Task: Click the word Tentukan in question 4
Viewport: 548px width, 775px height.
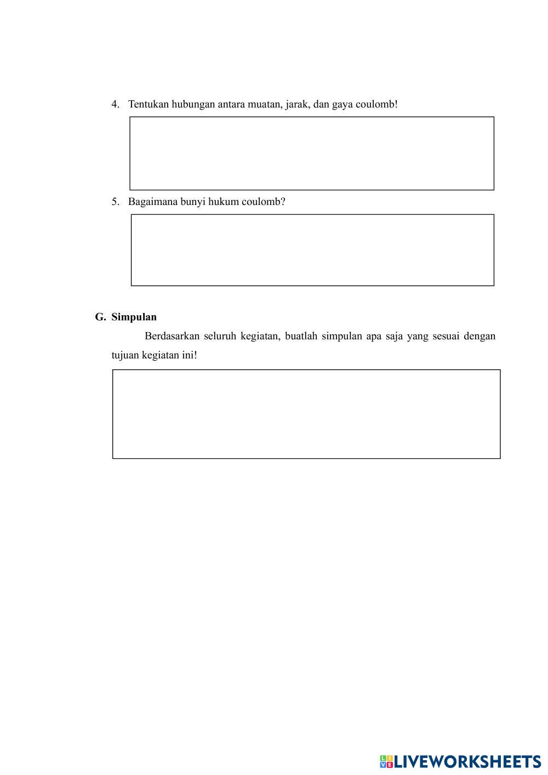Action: [148, 104]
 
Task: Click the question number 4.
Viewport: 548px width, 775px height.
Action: [115, 104]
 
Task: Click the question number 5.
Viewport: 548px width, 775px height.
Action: [115, 202]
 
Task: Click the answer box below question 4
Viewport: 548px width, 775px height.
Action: [311, 153]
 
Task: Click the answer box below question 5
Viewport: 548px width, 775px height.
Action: [312, 250]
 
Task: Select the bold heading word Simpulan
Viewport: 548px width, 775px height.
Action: [134, 317]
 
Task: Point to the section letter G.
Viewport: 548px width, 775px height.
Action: [99, 317]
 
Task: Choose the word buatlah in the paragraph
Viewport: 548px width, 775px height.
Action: [301, 336]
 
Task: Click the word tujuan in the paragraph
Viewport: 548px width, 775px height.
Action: [125, 355]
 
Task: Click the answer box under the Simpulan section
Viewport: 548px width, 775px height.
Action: [306, 414]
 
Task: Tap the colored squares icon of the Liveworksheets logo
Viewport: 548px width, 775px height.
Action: [386, 761]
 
